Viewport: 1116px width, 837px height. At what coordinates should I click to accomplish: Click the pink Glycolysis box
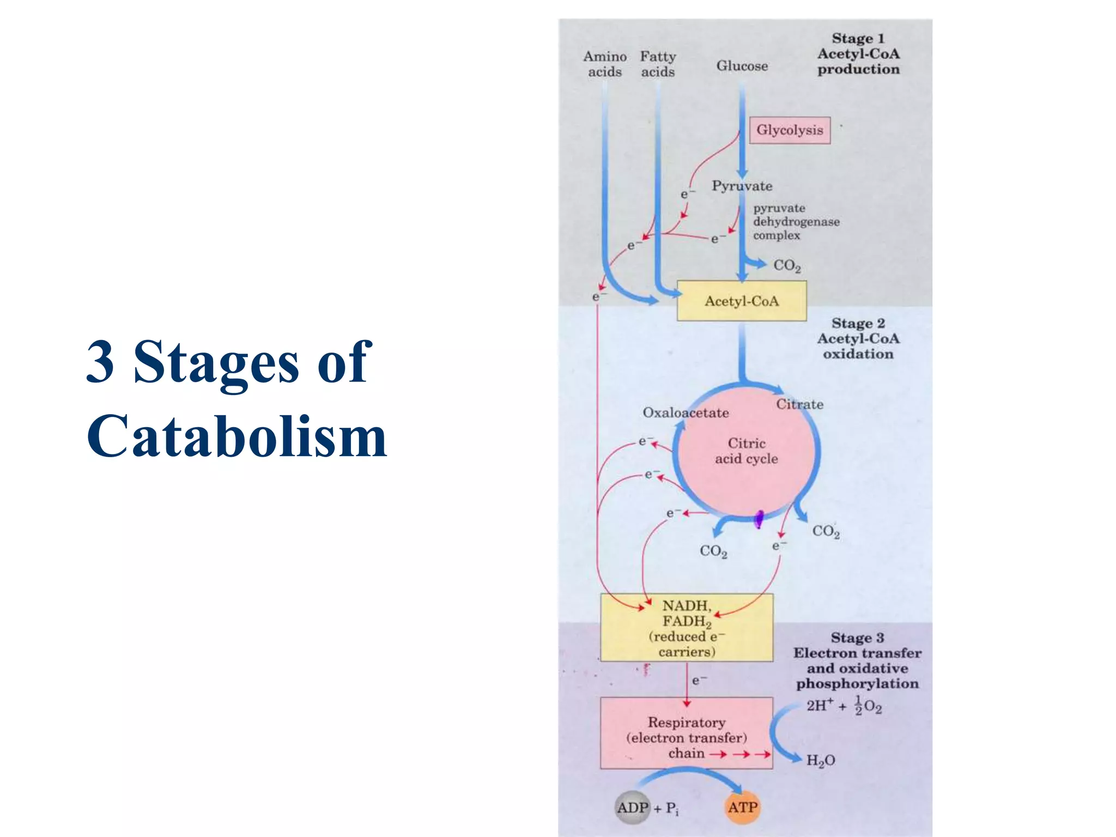point(790,130)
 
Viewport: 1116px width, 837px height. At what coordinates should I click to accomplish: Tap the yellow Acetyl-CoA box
point(741,301)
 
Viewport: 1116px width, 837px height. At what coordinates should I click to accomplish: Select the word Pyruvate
point(742,186)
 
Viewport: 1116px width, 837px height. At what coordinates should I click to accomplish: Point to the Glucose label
point(742,66)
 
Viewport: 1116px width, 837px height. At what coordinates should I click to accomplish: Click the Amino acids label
point(605,64)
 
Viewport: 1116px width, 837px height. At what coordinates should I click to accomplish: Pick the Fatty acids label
point(658,64)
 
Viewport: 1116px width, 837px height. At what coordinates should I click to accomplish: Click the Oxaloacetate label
point(686,413)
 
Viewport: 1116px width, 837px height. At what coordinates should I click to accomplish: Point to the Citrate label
point(799,404)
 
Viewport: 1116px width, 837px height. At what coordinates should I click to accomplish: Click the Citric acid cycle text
point(747,451)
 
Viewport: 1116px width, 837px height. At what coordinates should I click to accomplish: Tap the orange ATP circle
point(743,808)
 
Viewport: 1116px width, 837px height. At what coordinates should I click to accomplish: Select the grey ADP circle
point(633,808)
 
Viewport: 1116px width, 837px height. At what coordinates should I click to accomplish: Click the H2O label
point(820,761)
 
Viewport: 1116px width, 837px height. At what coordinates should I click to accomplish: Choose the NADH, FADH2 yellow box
point(687,628)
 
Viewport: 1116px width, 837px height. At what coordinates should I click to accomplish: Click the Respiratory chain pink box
point(687,733)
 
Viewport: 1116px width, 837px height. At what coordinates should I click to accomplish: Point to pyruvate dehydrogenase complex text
point(796,222)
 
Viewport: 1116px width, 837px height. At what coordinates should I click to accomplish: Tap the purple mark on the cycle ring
point(758,519)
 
